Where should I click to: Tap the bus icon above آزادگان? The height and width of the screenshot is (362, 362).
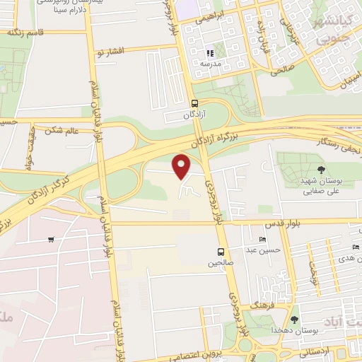click(x=194, y=103)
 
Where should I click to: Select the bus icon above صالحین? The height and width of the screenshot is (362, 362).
click(x=221, y=252)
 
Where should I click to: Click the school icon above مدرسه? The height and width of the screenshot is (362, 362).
click(x=210, y=53)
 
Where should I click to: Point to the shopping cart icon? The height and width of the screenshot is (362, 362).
click(x=51, y=239)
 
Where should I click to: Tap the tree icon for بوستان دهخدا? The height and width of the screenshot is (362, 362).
click(x=294, y=320)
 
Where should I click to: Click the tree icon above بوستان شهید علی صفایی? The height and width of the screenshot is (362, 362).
click(x=322, y=169)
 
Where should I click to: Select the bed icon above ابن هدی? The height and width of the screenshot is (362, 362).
click(x=355, y=247)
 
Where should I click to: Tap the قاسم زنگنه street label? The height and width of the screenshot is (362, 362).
click(x=24, y=33)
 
